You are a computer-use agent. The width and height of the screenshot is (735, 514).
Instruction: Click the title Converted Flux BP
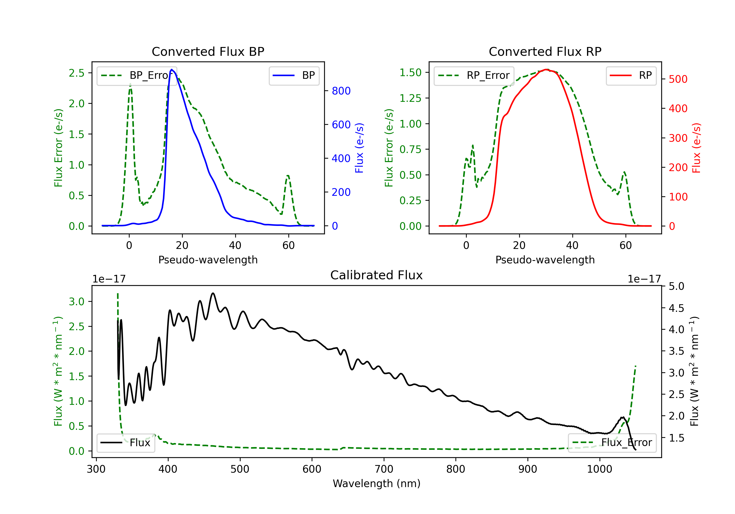point(208,51)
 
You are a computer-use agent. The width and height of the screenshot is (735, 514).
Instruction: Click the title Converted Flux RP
point(545,51)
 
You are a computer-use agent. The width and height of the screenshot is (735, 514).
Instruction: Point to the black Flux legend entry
point(126,443)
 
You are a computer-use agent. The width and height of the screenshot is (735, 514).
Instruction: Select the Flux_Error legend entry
point(612,443)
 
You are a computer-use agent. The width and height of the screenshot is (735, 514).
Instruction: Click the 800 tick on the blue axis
point(341,91)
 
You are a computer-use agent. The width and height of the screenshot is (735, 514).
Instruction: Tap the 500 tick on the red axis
point(678,79)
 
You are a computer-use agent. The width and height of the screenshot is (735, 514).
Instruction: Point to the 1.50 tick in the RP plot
point(410,73)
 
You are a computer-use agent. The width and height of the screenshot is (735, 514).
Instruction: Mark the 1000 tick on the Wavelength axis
point(599,469)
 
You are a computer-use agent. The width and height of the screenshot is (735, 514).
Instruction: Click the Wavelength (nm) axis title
point(377,483)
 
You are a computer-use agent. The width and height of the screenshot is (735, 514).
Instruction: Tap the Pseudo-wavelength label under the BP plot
point(208,260)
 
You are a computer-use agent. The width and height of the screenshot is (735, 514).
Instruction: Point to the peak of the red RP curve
point(547,70)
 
